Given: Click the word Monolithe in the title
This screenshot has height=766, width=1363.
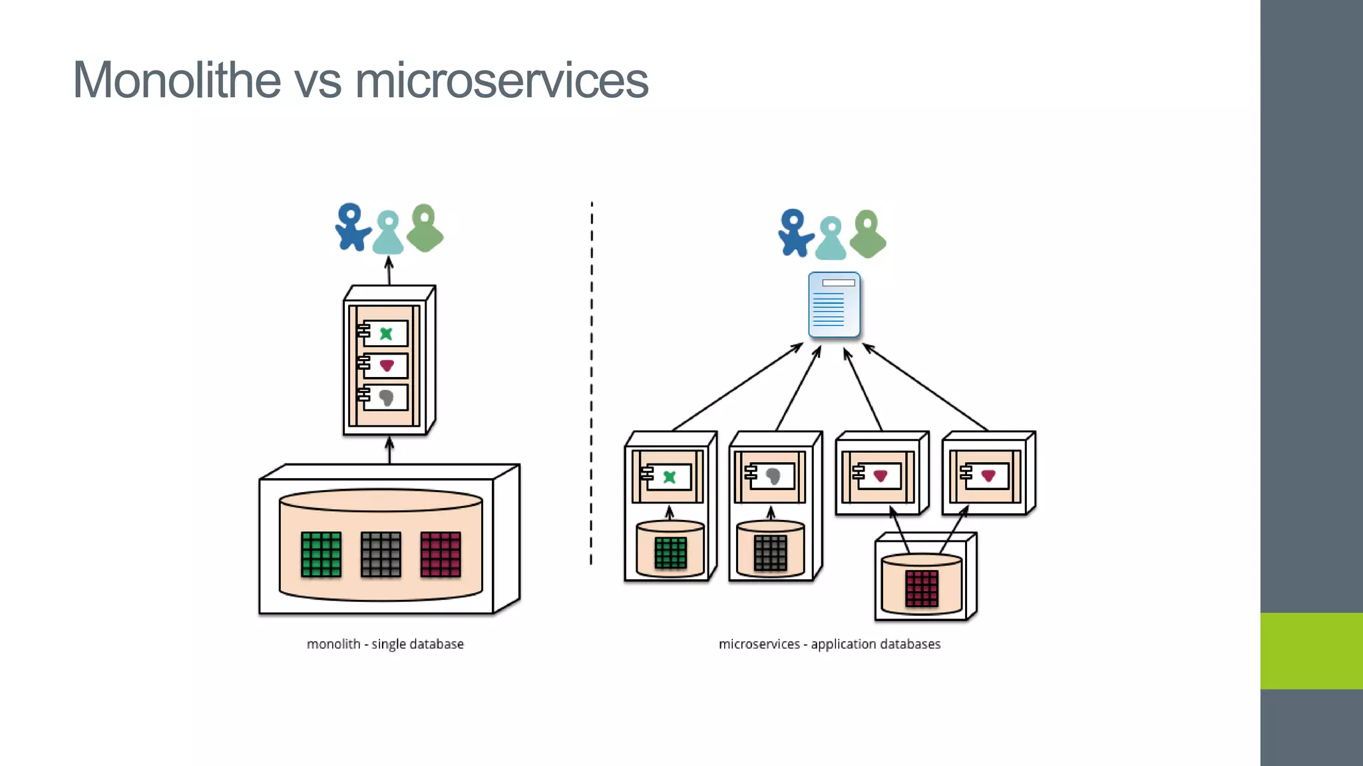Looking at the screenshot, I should tap(177, 80).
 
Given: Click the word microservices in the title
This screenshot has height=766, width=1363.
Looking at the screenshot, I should tap(501, 80).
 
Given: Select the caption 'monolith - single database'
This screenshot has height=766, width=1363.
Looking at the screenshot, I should tap(385, 644).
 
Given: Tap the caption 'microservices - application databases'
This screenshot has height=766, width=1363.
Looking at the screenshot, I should tap(829, 644).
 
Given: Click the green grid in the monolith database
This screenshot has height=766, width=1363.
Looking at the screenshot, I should tap(321, 554).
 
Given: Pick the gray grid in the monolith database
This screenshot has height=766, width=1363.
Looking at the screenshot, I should tap(381, 554).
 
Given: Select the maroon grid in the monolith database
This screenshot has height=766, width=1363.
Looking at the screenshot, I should tap(441, 554).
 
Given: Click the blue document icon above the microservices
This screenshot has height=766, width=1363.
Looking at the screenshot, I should tap(834, 305).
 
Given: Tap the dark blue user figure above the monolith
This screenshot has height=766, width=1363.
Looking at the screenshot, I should tap(351, 227).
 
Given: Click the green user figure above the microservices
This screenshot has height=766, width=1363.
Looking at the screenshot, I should tap(868, 234).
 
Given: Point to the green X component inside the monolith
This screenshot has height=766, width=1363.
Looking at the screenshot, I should tap(386, 334).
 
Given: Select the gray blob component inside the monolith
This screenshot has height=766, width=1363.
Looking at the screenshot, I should tap(386, 398).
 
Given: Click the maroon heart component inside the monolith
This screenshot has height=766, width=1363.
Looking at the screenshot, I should tap(387, 366).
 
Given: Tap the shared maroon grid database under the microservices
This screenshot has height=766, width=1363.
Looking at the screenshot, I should tap(922, 588).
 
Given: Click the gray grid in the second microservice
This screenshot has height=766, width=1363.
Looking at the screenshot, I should tap(771, 553).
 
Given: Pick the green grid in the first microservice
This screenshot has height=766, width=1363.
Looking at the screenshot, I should tap(670, 553).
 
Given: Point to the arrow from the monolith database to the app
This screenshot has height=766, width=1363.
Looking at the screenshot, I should tap(390, 450).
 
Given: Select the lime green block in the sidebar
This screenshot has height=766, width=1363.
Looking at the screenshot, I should tap(1311, 650).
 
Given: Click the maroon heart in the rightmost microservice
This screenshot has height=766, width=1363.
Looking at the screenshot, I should tap(988, 475).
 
